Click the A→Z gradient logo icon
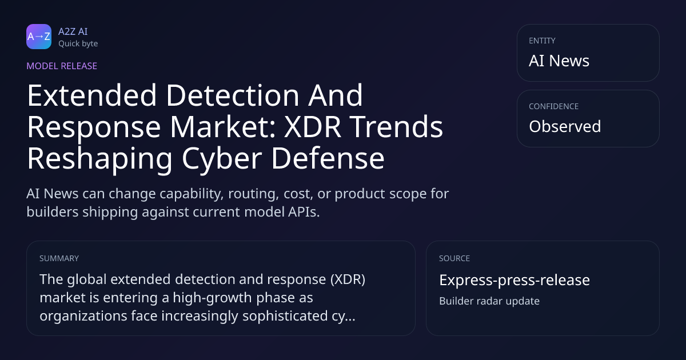click(x=39, y=37)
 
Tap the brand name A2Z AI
click(x=73, y=31)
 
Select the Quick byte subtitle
click(x=78, y=44)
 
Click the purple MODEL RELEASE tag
click(x=62, y=66)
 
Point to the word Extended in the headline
click(x=92, y=95)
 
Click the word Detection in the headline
click(x=233, y=95)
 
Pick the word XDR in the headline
click(x=312, y=127)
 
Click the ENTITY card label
click(x=542, y=41)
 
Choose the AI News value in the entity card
click(x=559, y=61)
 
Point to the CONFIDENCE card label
click(x=554, y=106)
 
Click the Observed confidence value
click(x=565, y=126)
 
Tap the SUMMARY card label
click(x=59, y=258)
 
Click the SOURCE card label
click(x=454, y=258)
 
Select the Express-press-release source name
click(x=514, y=280)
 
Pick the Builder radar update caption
click(x=489, y=301)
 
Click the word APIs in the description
click(x=304, y=212)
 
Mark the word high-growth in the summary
click(x=212, y=298)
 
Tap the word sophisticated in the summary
click(x=285, y=316)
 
